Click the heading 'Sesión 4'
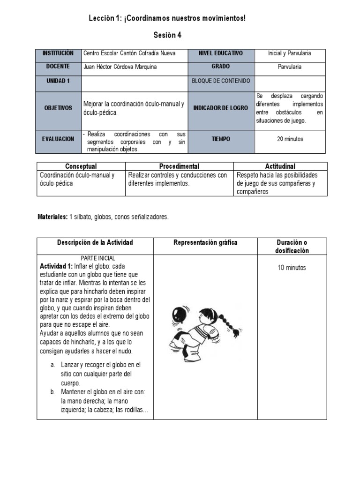click(167, 35)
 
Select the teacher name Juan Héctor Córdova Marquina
click(120, 67)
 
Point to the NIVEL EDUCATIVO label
click(220, 53)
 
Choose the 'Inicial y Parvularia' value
click(289, 53)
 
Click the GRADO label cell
click(220, 67)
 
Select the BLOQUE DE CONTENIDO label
click(220, 81)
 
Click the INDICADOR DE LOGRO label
click(220, 108)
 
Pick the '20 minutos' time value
click(289, 139)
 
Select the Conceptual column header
click(81, 166)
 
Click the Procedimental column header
click(179, 166)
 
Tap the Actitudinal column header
click(280, 166)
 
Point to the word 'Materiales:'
click(52, 217)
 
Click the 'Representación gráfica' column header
click(205, 242)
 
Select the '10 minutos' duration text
click(291, 268)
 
